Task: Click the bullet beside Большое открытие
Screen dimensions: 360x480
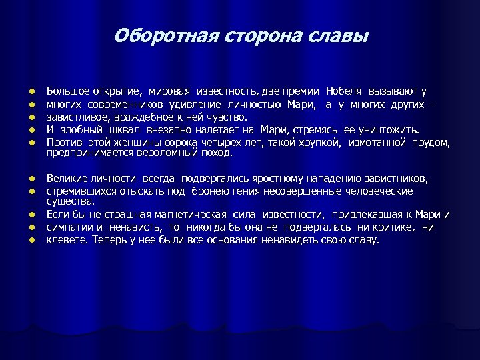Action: (x=31, y=91)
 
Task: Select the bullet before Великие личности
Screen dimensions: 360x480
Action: (x=31, y=179)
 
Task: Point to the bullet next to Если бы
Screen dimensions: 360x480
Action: (x=31, y=215)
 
